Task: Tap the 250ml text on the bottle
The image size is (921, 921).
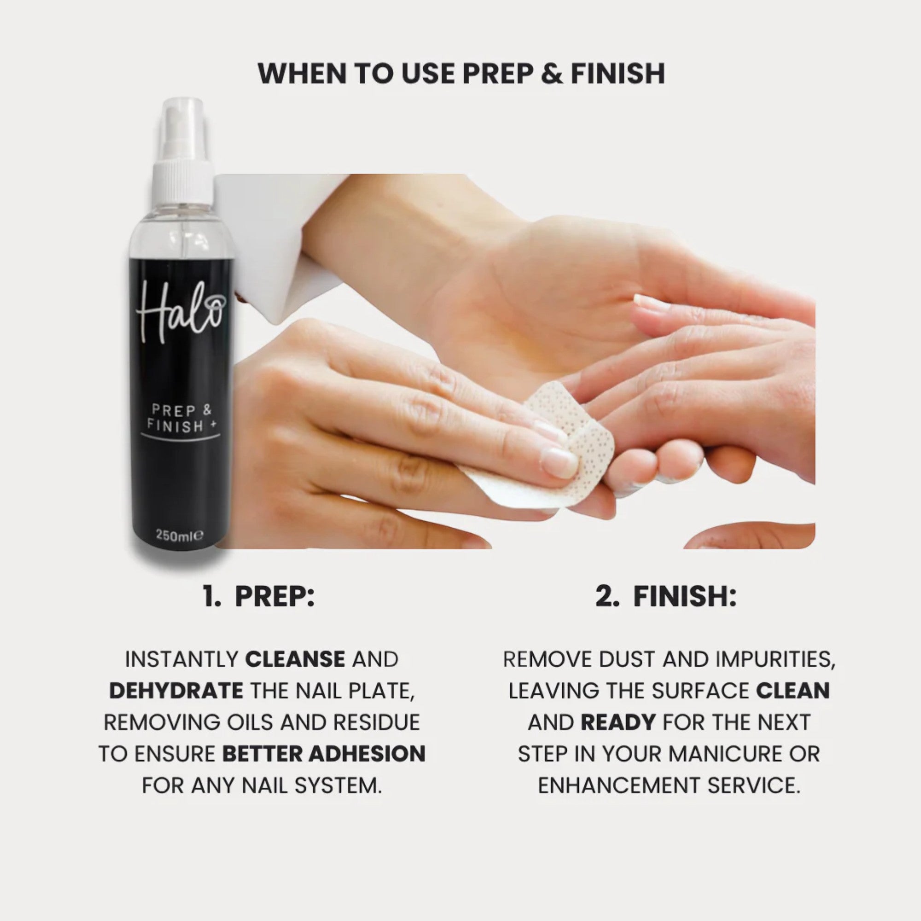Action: click(179, 536)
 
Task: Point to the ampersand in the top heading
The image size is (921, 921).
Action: click(552, 74)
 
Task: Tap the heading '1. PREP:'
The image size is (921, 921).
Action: click(259, 596)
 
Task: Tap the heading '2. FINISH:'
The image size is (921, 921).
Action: click(665, 596)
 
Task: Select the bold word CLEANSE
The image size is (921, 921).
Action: click(295, 659)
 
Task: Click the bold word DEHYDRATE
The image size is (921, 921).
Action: click(176, 691)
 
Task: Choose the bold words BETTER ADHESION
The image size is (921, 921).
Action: click(324, 754)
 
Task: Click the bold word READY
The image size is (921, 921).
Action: click(618, 722)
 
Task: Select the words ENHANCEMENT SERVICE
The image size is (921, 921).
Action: click(669, 785)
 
